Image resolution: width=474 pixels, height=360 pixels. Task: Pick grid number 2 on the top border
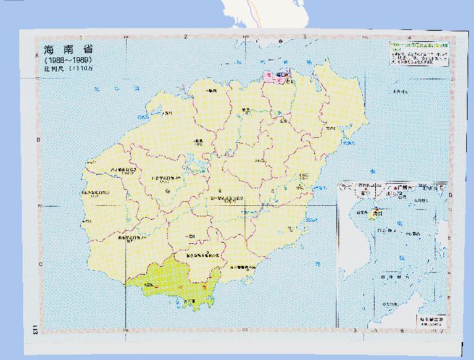click(x=186, y=37)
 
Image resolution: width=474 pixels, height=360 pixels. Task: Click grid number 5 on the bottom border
click(x=355, y=331)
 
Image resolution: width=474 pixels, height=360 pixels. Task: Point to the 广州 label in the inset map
click(x=407, y=186)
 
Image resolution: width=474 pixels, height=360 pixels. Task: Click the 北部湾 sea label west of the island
click(x=101, y=90)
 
